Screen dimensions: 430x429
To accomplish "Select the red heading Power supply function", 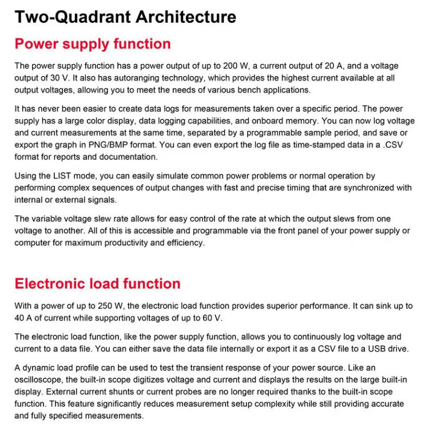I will click(92, 44).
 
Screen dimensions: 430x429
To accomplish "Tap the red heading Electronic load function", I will click(97, 283).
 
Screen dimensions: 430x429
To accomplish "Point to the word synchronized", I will click(362, 188).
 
